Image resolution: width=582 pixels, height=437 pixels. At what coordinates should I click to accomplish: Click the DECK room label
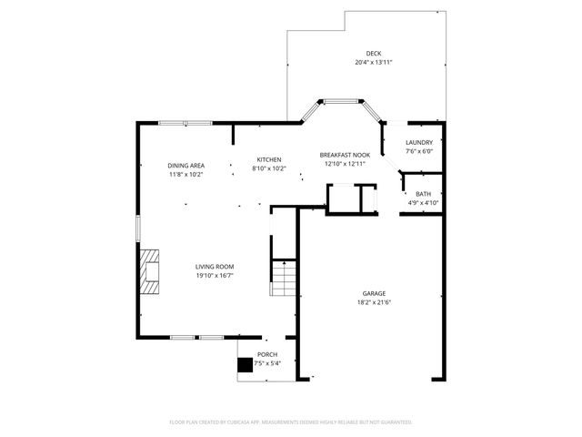373,54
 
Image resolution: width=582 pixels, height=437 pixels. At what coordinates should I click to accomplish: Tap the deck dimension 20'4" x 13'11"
373,62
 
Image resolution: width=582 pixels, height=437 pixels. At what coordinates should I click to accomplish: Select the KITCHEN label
268,159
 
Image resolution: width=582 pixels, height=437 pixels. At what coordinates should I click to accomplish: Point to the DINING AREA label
186,166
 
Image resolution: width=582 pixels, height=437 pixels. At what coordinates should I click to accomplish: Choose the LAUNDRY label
419,142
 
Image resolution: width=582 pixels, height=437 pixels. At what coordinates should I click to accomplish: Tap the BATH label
423,194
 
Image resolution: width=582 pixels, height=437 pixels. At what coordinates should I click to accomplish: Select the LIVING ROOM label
215,267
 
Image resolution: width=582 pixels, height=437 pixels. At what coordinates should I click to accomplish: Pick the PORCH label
267,354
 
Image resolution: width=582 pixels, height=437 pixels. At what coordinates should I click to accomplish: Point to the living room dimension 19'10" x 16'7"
215,275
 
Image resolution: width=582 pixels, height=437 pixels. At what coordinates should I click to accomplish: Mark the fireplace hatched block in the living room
149,269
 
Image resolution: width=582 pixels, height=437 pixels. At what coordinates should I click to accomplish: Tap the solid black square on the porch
245,365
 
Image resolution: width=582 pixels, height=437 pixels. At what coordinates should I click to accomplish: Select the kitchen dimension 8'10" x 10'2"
268,168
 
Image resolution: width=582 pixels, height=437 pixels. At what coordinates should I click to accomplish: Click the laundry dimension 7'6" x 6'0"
419,151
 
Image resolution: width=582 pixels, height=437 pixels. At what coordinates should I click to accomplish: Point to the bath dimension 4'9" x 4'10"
423,202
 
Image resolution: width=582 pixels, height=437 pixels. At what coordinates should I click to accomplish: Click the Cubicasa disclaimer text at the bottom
291,422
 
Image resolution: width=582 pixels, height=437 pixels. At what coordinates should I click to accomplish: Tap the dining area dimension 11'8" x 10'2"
186,174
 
